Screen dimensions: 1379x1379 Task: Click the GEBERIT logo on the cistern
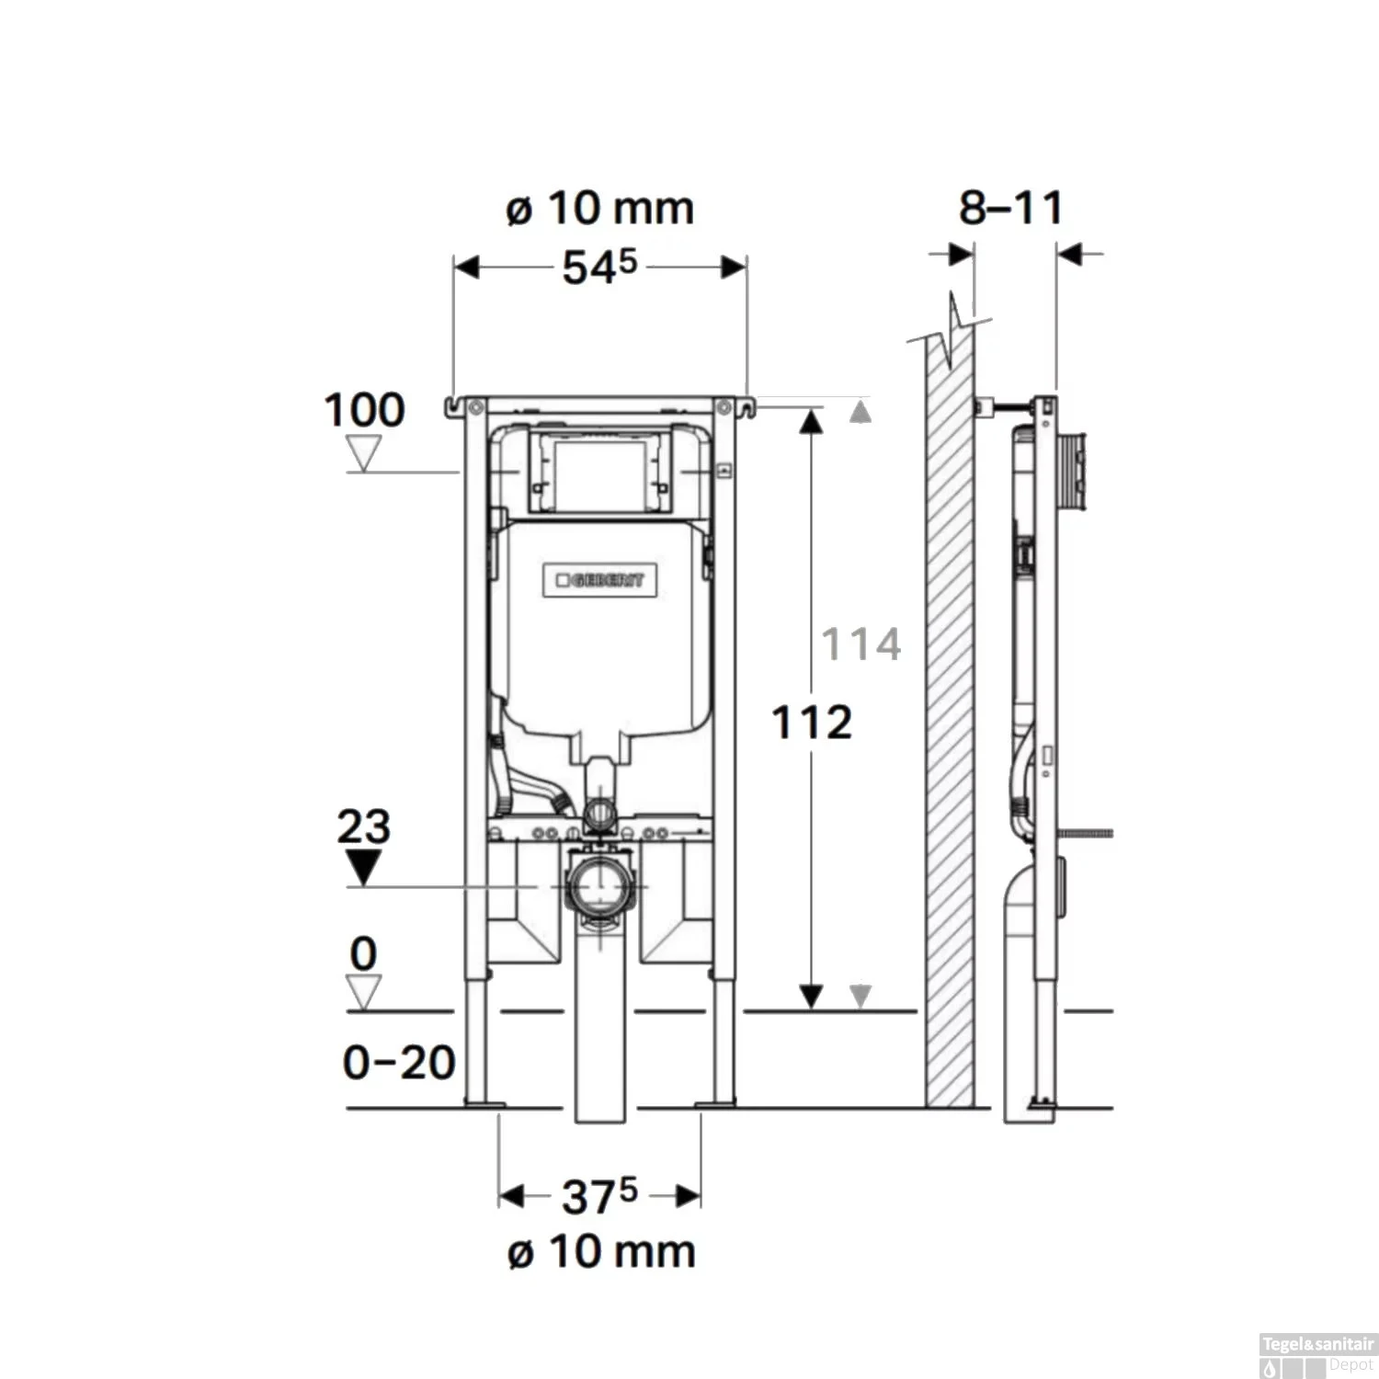coord(599,580)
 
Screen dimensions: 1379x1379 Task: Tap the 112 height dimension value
coord(811,723)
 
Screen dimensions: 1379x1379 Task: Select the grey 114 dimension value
coord(860,644)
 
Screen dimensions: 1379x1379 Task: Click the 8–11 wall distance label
coord(1010,208)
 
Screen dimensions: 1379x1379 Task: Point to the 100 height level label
coord(364,410)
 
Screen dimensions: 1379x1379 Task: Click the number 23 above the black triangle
coord(363,826)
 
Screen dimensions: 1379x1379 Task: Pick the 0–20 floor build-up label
coord(399,1063)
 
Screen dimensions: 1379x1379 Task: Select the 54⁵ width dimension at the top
coord(599,268)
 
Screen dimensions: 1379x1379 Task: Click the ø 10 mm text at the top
coord(599,209)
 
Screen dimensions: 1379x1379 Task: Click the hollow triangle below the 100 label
coord(364,453)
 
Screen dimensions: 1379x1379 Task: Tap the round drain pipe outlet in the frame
coord(599,886)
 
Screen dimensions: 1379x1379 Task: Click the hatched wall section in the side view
coord(950,735)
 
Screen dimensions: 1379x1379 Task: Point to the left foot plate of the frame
coord(484,1101)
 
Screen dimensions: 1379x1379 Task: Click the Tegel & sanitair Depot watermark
coord(1316,1355)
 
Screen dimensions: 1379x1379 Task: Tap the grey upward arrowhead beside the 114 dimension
coord(860,412)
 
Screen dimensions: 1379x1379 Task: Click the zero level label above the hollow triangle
coord(363,954)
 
